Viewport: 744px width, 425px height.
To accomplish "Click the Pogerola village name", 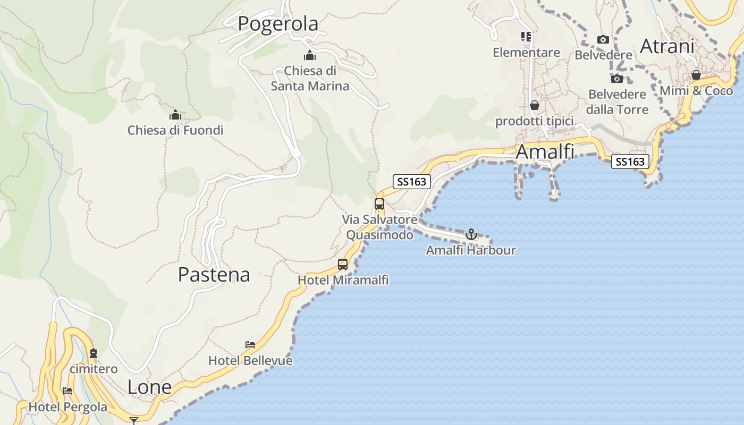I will coord(277,24).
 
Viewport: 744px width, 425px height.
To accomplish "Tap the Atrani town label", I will coord(667,46).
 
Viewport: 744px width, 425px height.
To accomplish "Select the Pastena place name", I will coord(214,275).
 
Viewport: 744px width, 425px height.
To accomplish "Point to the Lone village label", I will coord(149,387).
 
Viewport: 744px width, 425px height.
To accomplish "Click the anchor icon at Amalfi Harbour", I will coord(471,234).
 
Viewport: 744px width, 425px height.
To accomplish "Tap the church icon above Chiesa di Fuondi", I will coord(175,115).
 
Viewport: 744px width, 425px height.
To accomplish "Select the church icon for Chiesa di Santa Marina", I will coord(310,55).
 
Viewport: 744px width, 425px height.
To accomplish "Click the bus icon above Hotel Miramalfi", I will coord(343,264).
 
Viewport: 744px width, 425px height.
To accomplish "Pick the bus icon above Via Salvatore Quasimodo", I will coord(379,203).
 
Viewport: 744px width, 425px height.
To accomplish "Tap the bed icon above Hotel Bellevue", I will coord(250,345).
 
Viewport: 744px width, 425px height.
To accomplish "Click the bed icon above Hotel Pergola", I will coord(67,391).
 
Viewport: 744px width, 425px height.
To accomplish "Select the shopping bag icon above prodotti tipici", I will coord(535,106).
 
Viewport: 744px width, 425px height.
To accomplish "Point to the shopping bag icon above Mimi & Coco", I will coord(696,75).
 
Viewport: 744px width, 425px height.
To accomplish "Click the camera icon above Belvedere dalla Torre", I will coord(617,79).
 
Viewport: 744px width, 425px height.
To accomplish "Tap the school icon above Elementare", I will coord(526,37).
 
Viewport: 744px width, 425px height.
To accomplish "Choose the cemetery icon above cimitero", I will coord(94,353).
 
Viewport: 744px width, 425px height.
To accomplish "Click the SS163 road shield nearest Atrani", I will coord(631,161).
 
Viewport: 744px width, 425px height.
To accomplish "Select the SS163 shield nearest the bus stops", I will coord(412,182).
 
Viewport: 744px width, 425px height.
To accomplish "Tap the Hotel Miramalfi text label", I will coord(343,280).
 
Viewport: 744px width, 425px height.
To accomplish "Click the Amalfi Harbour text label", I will coord(471,250).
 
